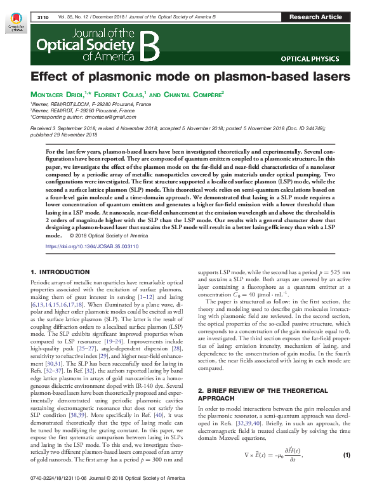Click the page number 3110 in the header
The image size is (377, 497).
pos(43,16)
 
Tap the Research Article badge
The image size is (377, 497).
pos(315,16)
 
